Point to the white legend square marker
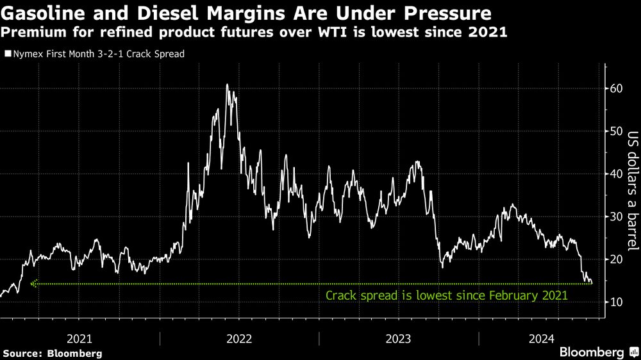pyautogui.click(x=8, y=54)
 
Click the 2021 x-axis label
pyautogui.click(x=80, y=338)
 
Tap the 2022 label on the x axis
pyautogui.click(x=239, y=338)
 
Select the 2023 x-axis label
pyautogui.click(x=398, y=338)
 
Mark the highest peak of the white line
pyautogui.click(x=227, y=85)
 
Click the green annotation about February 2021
pyautogui.click(x=447, y=296)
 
